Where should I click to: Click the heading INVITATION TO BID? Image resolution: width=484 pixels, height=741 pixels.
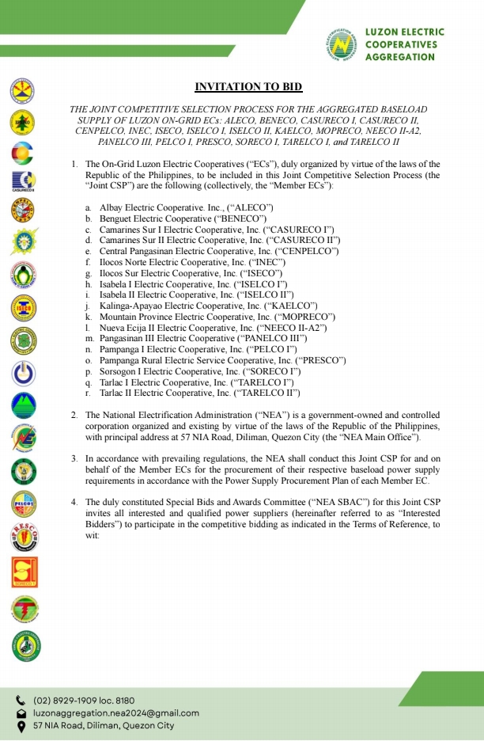pyautogui.click(x=248, y=86)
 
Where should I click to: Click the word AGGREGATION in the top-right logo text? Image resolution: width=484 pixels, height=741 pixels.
pyautogui.click(x=399, y=57)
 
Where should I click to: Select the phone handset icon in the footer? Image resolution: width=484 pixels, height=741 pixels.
pyautogui.click(x=21, y=701)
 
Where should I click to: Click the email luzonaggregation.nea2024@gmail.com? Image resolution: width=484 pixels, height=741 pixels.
pyautogui.click(x=115, y=712)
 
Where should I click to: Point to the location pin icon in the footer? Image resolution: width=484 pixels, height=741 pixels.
pyautogui.click(x=21, y=725)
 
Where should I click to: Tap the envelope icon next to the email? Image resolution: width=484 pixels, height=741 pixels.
pyautogui.click(x=21, y=712)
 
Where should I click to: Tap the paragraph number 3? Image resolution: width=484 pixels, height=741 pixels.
pyautogui.click(x=74, y=458)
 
